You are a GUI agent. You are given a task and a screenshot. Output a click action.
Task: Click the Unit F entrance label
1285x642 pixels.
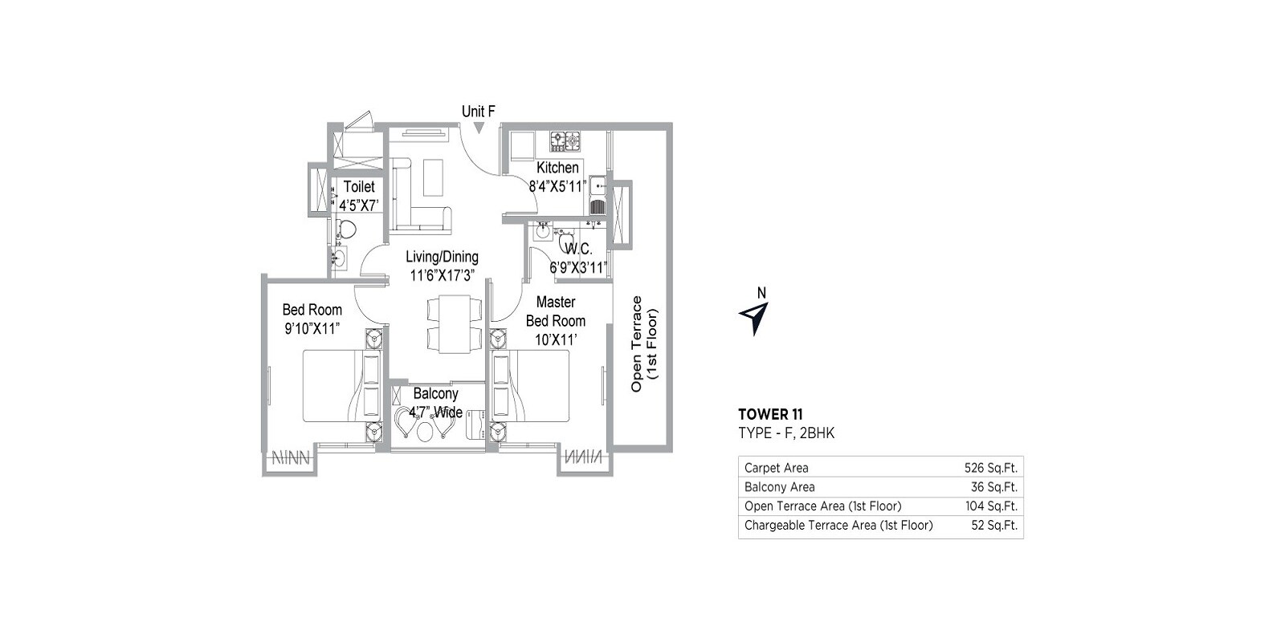[x=478, y=112]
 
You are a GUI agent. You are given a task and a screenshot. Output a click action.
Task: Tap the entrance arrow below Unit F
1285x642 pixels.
[x=479, y=128]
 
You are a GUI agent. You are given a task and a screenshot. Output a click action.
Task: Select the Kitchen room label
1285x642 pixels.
[x=557, y=168]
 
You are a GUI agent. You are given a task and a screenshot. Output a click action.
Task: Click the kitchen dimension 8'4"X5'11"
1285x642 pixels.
[x=557, y=186]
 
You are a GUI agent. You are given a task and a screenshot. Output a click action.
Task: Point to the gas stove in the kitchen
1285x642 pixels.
[x=565, y=142]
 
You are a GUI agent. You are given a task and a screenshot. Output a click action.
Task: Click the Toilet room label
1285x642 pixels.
[x=359, y=186]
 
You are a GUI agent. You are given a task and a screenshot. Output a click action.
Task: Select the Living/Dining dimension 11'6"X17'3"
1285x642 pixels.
[x=442, y=275]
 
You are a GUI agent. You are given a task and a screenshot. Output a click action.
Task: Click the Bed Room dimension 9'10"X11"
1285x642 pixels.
[x=312, y=328]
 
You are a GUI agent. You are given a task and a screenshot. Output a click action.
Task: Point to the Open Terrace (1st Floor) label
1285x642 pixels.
[x=643, y=343]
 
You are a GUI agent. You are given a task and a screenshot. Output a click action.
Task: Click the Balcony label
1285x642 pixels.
[x=435, y=394]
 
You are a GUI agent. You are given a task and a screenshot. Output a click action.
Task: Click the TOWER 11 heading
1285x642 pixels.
[x=770, y=415]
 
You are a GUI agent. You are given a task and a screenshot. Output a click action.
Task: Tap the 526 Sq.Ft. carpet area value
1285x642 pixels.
[x=990, y=468]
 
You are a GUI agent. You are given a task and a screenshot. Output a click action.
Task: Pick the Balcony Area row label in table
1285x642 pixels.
[x=779, y=487]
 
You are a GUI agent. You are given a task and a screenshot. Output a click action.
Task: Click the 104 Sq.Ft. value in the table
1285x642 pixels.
[x=990, y=506]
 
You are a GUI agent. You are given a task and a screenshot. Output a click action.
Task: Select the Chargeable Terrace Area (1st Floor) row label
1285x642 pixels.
[x=838, y=526]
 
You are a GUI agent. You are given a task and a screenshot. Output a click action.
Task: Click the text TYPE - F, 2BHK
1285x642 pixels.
[x=786, y=433]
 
